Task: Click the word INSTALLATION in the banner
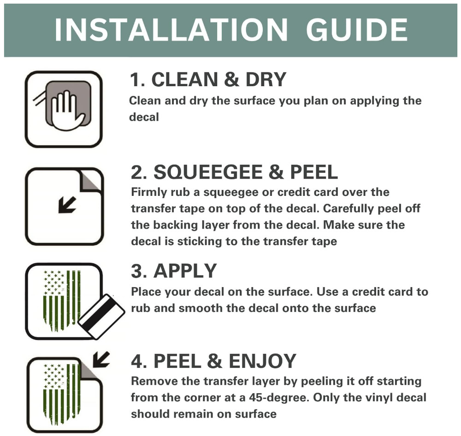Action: [x=171, y=29]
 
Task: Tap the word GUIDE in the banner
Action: [x=357, y=29]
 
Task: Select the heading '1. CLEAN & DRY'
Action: [x=208, y=79]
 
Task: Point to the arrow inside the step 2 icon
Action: [x=67, y=205]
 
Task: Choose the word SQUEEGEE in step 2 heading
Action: [x=208, y=172]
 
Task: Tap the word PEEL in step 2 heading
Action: [x=314, y=172]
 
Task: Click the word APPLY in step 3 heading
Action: [x=185, y=271]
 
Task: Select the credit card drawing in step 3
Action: [x=102, y=316]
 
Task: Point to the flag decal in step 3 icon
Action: [x=62, y=300]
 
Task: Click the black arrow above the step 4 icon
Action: [x=101, y=359]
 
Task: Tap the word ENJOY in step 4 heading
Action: [x=262, y=361]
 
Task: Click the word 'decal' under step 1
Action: [x=144, y=117]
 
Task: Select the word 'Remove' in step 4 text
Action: [x=154, y=381]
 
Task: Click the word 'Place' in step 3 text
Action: [x=146, y=292]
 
